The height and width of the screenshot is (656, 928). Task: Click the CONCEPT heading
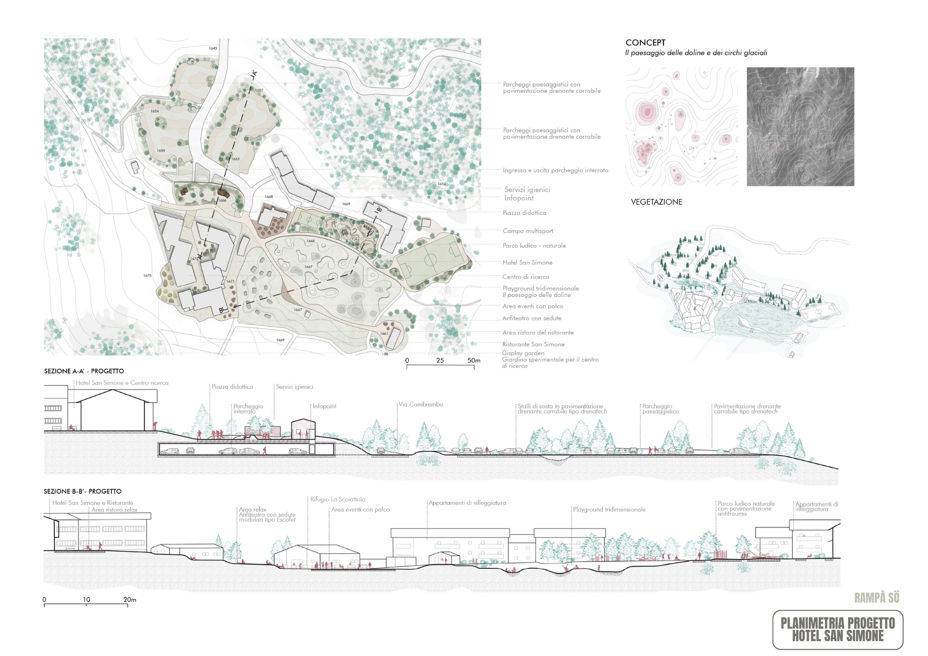645,43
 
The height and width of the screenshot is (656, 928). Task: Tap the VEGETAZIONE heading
656,202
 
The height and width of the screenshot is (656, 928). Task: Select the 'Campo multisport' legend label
528,231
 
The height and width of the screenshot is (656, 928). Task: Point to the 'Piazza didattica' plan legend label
524,213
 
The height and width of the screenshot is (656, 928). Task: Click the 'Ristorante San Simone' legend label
533,344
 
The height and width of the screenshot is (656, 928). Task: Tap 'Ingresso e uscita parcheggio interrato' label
555,170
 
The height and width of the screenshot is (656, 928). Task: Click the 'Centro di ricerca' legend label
525,277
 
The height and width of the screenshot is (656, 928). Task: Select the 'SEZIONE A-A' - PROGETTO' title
84,371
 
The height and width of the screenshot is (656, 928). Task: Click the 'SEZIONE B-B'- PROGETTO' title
83,491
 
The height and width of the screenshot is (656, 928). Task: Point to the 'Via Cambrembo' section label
421,405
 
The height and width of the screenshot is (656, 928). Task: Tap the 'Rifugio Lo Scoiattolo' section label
338,500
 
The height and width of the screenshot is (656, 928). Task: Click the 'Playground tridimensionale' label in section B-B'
609,509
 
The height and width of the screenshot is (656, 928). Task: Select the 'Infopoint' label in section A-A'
324,406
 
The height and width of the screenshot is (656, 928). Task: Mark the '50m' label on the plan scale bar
474,360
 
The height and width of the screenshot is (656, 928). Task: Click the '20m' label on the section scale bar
129,600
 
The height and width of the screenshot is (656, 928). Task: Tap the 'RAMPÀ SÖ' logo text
876,598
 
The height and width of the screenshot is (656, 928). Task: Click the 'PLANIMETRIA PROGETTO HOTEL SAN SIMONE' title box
838,630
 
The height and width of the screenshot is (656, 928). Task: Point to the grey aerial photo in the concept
800,127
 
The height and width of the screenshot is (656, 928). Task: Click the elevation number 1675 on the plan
147,276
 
